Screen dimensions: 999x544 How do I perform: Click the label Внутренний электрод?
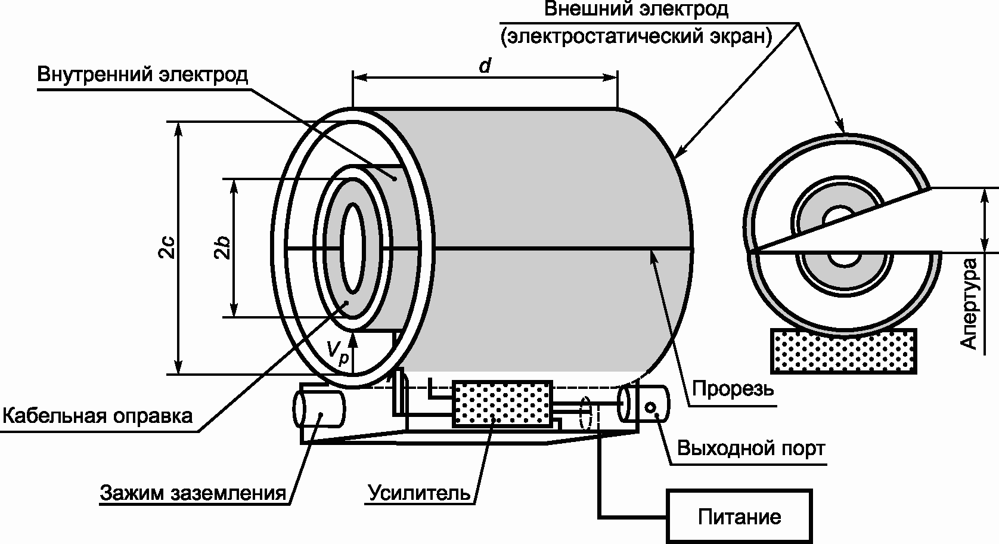tap(142, 75)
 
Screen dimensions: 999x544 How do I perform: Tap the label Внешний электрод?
tap(637, 8)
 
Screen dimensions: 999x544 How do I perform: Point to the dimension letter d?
tap(485, 66)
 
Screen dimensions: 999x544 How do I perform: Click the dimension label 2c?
tap(166, 247)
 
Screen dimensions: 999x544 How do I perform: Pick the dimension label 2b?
tap(222, 247)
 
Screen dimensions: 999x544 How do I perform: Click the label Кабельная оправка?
tap(98, 416)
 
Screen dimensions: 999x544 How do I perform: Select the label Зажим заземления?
tap(193, 493)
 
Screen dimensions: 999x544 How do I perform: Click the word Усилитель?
tap(419, 493)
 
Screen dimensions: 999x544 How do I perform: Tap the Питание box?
tap(739, 517)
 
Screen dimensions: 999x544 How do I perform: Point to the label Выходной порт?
tap(751, 448)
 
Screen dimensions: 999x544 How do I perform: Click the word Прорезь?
tap(733, 389)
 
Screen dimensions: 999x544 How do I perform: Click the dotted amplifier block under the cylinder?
tap(502, 403)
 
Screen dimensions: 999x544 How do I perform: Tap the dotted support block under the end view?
tap(844, 351)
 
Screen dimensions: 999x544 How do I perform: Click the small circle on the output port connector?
tap(650, 407)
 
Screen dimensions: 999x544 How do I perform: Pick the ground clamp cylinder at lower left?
tap(319, 409)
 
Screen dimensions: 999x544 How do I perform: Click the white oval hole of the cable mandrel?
tap(353, 249)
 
